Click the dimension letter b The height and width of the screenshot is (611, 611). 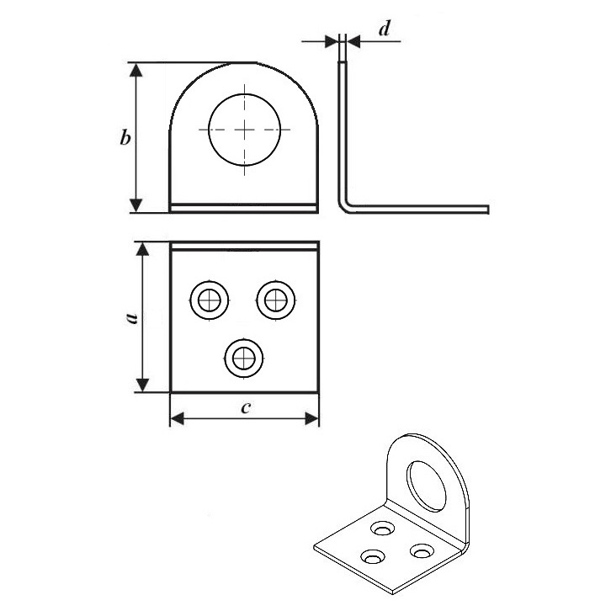click(125, 137)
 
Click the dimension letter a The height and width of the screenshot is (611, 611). click(132, 317)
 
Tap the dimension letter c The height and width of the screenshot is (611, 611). click(246, 407)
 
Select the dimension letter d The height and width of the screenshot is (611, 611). click(385, 28)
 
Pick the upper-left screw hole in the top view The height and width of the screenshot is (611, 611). click(210, 300)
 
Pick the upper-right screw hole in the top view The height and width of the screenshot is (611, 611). click(276, 300)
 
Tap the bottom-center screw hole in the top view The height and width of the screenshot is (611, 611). click(244, 359)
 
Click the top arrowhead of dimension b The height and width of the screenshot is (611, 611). click(135, 70)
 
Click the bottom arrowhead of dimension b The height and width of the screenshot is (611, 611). click(135, 205)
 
